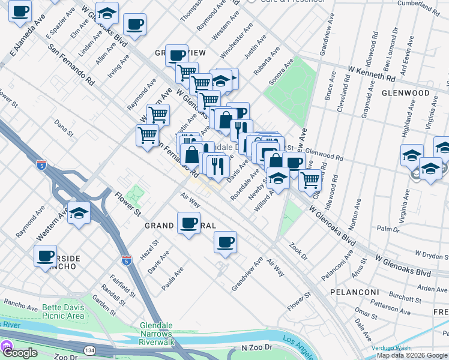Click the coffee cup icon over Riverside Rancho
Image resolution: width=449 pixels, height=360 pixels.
point(46,256)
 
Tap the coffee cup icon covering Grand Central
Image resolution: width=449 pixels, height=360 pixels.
point(188,224)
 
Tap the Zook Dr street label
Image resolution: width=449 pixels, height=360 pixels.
point(297,251)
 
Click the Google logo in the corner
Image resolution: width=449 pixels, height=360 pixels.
point(20,353)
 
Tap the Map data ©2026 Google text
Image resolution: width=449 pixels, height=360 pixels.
point(412,355)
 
